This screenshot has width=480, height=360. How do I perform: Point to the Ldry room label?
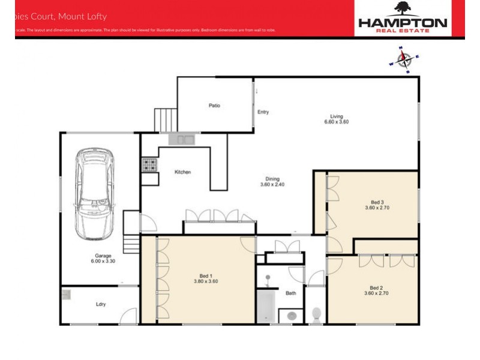(x=101, y=304)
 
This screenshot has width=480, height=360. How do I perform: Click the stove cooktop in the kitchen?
(x=149, y=164)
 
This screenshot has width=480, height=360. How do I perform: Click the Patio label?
(x=214, y=106)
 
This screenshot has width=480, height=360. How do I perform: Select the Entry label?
(x=263, y=112)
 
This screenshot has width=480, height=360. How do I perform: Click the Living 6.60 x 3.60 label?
(x=335, y=119)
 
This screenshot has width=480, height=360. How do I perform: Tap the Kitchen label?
(x=182, y=172)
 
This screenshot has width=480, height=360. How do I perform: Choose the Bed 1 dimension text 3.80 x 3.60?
(x=205, y=281)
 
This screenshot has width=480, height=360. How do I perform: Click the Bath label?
(x=291, y=293)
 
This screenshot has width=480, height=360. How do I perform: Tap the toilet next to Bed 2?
(x=317, y=313)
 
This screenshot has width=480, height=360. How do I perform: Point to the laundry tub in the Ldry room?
(x=65, y=295)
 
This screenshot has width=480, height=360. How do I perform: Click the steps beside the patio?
(x=165, y=119)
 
